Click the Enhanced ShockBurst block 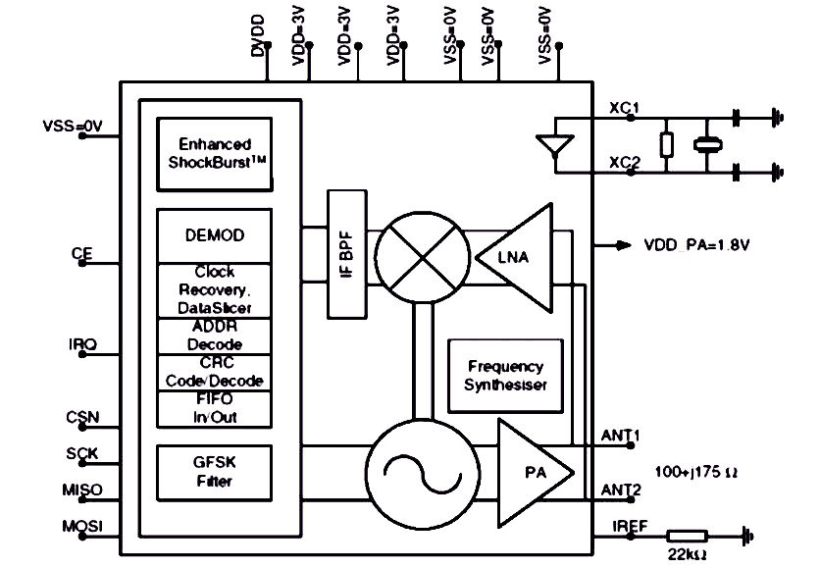point(215,154)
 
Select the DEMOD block point(215,235)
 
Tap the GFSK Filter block point(215,473)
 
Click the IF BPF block point(347,254)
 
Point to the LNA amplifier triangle point(514,258)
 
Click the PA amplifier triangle point(535,473)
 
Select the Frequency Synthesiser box point(506,376)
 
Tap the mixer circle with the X point(423,257)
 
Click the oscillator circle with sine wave point(423,475)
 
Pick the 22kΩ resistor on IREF point(688,536)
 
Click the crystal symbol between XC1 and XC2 point(707,144)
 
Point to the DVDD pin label point(258,35)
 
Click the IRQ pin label point(82,344)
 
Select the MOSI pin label point(82,526)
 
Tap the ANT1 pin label point(620,436)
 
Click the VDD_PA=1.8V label point(696,245)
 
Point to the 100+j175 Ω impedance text point(696,472)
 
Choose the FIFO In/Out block point(215,408)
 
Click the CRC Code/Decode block point(215,372)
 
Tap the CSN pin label point(82,417)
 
